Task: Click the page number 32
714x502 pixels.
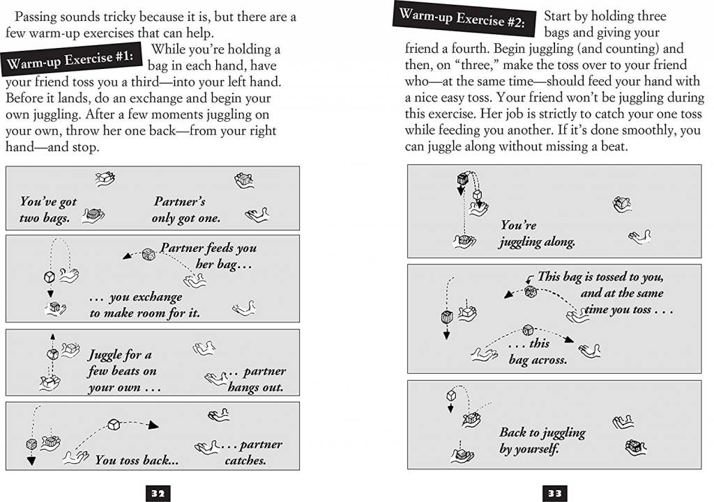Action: (158, 494)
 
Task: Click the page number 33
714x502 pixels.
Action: (554, 494)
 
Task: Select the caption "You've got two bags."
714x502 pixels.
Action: (47, 210)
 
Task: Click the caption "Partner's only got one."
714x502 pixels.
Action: (185, 210)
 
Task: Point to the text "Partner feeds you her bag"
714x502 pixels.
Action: (208, 256)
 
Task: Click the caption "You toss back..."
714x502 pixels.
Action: (137, 460)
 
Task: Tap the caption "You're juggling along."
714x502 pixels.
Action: (536, 234)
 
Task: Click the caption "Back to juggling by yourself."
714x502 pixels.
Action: (542, 441)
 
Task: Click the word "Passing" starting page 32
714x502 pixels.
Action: (36, 16)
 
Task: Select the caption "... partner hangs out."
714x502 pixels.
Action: (255, 379)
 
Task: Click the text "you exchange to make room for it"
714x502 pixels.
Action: (144, 305)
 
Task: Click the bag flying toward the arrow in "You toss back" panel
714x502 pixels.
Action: (114, 423)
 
